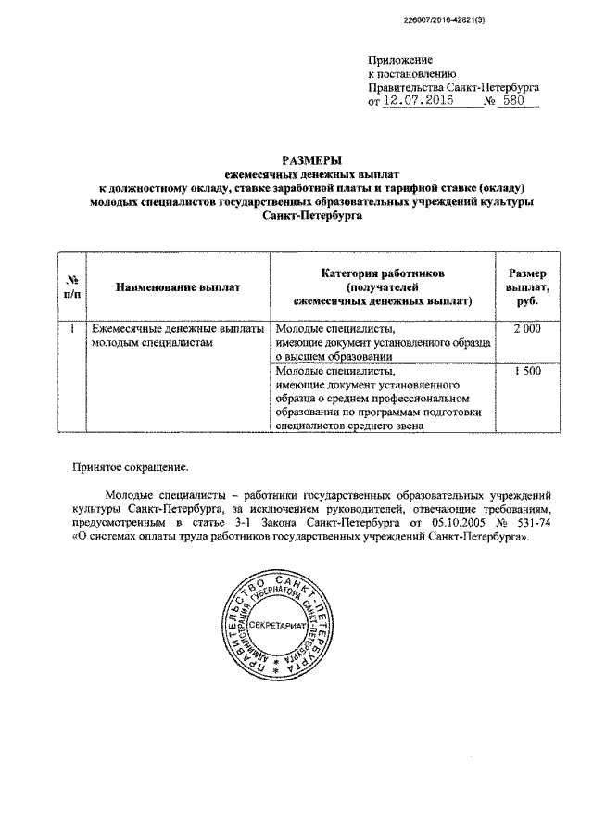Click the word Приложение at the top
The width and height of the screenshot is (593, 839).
point(399,60)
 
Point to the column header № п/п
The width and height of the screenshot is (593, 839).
point(71,287)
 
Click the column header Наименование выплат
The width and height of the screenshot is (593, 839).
point(178,287)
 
